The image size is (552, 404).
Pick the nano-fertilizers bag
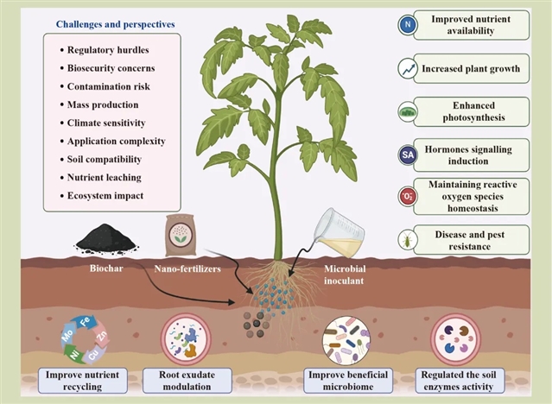181,236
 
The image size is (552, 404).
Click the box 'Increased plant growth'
473,67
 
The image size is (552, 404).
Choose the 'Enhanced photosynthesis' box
473,111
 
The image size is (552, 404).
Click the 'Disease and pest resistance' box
473,239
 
